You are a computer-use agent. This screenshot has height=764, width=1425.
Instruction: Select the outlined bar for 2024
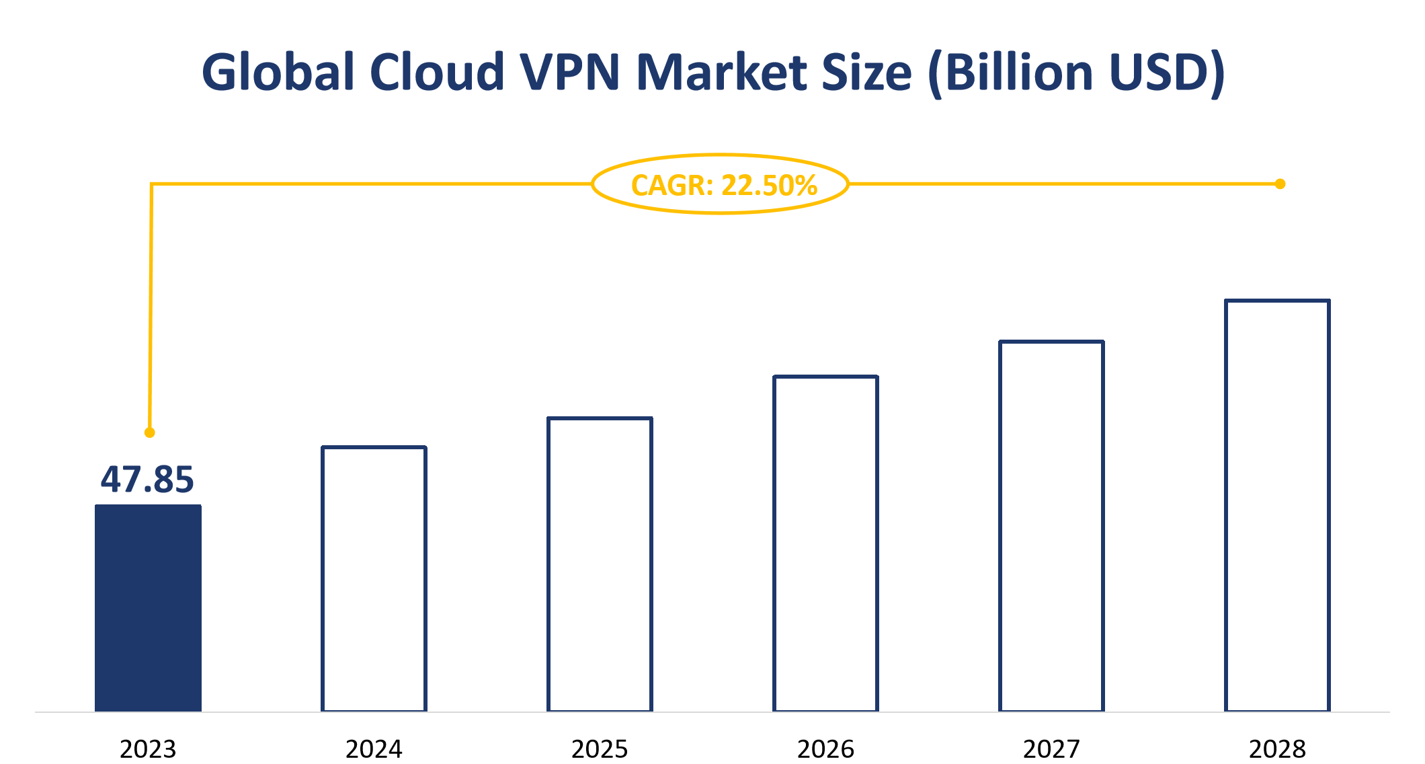(x=374, y=578)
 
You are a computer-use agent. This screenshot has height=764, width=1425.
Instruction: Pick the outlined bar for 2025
(x=600, y=564)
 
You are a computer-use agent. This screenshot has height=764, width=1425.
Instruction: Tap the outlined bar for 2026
(x=825, y=543)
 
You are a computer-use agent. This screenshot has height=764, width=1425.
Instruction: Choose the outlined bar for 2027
(x=1051, y=526)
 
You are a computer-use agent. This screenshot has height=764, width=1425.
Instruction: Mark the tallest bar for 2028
(x=1277, y=505)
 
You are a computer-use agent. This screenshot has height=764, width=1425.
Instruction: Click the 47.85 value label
(x=147, y=480)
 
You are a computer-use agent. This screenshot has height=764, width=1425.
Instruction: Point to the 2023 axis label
(x=148, y=749)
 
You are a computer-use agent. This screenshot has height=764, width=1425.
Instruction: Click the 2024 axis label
(x=374, y=749)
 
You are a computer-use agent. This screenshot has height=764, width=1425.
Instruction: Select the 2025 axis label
(x=600, y=749)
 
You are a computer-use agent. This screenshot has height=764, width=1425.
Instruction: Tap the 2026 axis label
(x=825, y=749)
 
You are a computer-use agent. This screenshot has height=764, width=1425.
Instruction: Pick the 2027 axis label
(x=1051, y=749)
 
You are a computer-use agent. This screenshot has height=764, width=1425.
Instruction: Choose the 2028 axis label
(x=1277, y=749)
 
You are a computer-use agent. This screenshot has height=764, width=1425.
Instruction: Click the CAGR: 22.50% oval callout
(x=721, y=184)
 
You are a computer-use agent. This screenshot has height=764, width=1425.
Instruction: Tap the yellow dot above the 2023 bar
(x=150, y=432)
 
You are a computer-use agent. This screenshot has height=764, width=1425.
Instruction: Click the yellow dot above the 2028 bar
(x=1280, y=184)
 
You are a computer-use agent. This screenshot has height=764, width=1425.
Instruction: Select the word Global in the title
(x=278, y=72)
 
